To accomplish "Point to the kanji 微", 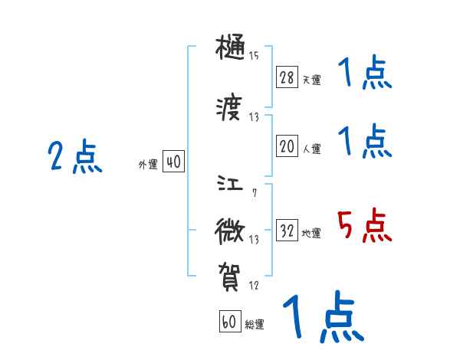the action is click(231, 229).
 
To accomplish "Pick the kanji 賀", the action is click(231, 275).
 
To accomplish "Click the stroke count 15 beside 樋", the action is click(254, 56).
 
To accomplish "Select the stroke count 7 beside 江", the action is click(254, 192).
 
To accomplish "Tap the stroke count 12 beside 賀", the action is click(254, 286).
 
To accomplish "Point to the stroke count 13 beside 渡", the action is click(254, 117).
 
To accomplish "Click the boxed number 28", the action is click(287, 78).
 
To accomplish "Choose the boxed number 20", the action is click(287, 148).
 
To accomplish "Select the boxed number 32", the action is click(287, 231).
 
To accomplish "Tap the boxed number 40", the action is click(173, 162).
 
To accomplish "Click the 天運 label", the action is click(311, 80).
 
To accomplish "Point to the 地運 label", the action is click(311, 233).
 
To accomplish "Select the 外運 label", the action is click(148, 164).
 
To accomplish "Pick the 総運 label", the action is click(254, 324).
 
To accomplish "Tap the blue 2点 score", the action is click(74, 158).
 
